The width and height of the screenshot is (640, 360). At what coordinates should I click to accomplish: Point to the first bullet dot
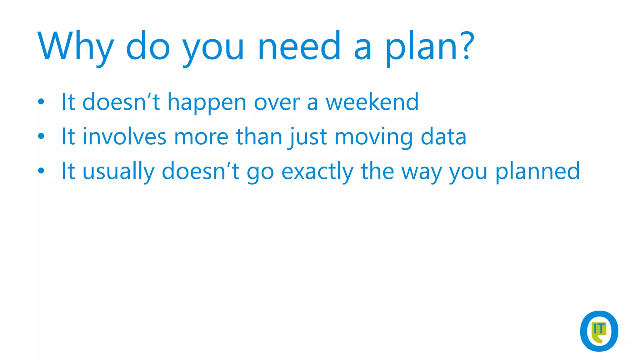(x=41, y=102)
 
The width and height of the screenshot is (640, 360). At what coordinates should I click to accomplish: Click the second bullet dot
(x=41, y=136)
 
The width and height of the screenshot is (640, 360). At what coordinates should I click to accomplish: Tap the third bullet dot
(x=41, y=171)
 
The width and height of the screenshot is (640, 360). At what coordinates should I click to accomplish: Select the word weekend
(x=372, y=102)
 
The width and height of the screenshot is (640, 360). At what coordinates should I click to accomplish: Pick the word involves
(x=124, y=137)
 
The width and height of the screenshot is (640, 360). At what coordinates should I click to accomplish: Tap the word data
(x=443, y=137)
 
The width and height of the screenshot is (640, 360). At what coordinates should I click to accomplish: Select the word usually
(x=118, y=172)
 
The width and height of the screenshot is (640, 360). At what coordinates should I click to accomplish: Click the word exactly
(x=317, y=172)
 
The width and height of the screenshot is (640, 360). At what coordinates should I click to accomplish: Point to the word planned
(x=537, y=172)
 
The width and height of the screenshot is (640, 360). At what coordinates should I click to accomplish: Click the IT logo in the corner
(x=599, y=331)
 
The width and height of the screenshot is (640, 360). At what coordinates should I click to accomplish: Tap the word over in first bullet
(x=277, y=103)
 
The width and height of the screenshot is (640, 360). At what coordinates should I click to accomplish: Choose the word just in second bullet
(x=308, y=137)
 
